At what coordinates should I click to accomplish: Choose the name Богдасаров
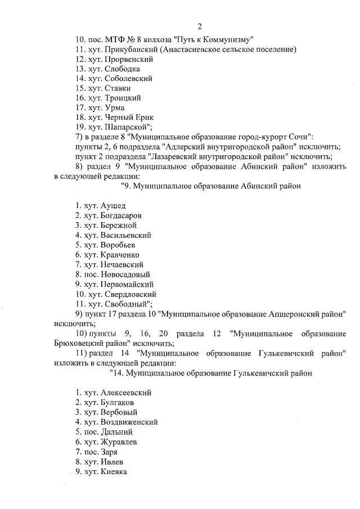point(123,215)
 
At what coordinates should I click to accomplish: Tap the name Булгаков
point(119,402)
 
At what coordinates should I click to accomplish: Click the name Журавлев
point(120,442)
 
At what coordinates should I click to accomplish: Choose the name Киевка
point(114,471)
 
